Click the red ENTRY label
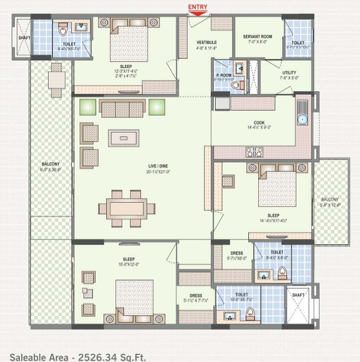coord(198,6)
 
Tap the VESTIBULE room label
coord(206,42)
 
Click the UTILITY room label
coord(289,73)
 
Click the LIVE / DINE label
coord(158,166)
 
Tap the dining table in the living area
coord(126,209)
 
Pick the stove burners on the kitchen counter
coord(254,152)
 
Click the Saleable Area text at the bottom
coord(77,357)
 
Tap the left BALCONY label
coord(50,164)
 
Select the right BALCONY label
coord(332,199)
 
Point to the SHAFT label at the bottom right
coord(299,296)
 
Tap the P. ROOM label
coord(223,75)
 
